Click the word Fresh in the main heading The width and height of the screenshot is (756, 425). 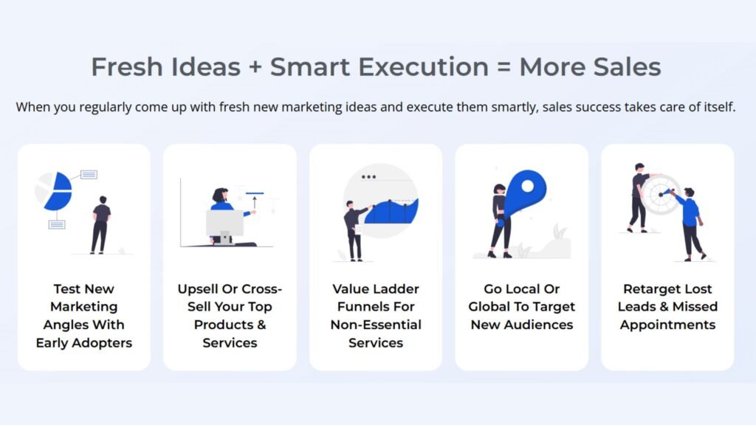pyautogui.click(x=128, y=68)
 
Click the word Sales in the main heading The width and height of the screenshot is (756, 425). pyautogui.click(x=628, y=68)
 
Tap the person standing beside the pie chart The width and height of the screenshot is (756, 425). pyautogui.click(x=100, y=224)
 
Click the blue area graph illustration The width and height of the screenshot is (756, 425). pyautogui.click(x=392, y=212)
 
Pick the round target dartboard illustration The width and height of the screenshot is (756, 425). pyautogui.click(x=659, y=193)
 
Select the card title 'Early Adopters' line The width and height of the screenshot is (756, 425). pyautogui.click(x=83, y=342)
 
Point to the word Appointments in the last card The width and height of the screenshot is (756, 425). pyautogui.click(x=667, y=325)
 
